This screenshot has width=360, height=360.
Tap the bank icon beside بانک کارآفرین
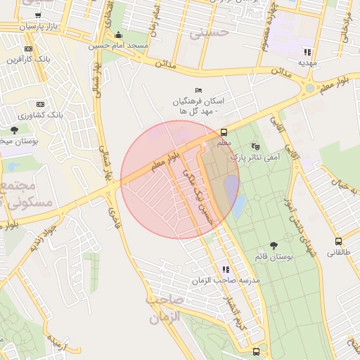[x=28, y=48]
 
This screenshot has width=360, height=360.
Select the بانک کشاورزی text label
[x=40, y=113]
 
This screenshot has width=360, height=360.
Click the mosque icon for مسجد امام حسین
[x=117, y=35]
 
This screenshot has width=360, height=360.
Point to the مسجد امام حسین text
[x=118, y=46]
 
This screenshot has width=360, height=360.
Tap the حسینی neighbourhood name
[x=214, y=32]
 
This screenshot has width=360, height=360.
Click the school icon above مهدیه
[x=307, y=52]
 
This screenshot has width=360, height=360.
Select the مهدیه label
[x=307, y=63]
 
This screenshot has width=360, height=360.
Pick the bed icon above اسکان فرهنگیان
[x=198, y=90]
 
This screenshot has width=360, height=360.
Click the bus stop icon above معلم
[x=224, y=132]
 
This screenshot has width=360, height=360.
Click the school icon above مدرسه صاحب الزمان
[x=226, y=269]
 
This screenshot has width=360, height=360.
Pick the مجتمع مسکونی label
[x=28, y=195]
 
